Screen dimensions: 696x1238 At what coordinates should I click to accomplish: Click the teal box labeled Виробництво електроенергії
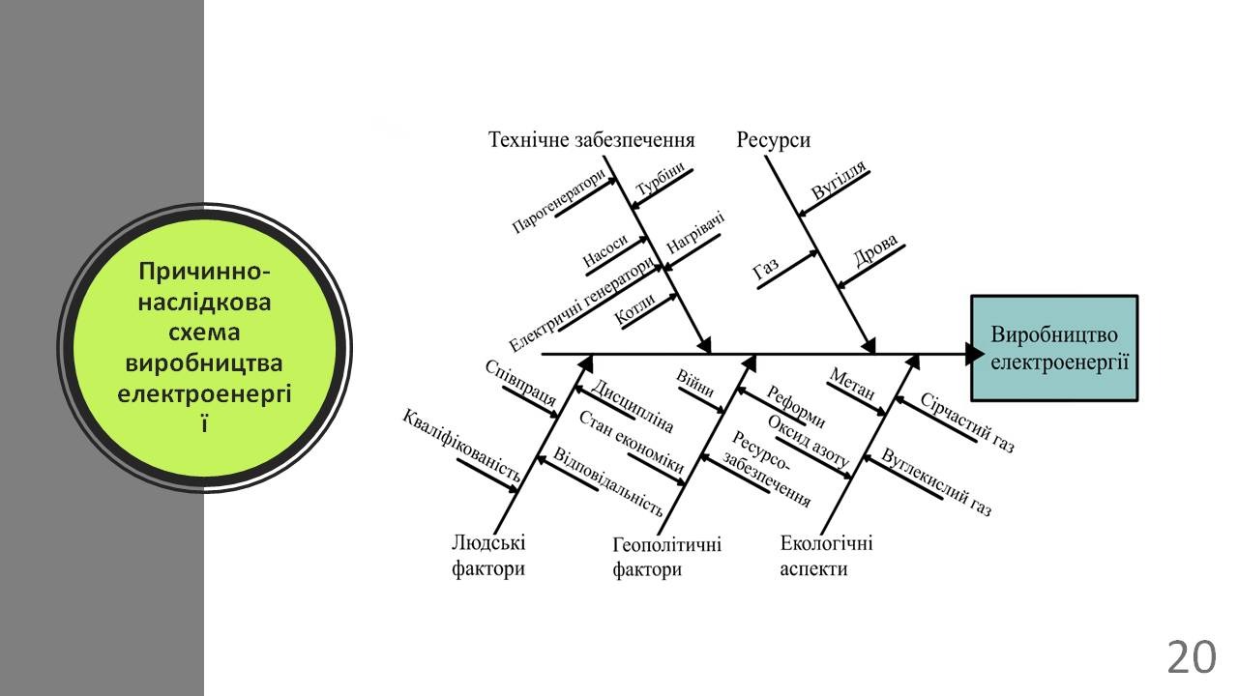[1054, 348]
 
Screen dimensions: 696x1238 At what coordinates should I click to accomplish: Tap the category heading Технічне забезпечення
[592, 140]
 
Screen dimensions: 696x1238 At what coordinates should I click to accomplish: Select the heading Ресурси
[774, 140]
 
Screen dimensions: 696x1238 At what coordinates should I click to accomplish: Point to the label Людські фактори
[488, 556]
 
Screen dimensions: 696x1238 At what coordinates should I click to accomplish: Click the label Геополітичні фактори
[666, 557]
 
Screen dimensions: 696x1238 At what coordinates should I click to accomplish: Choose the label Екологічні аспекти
[826, 556]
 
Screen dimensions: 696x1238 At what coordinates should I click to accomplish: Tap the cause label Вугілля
[839, 181]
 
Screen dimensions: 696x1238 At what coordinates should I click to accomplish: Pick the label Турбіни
[661, 179]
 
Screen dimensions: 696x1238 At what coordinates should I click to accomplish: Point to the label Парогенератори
[560, 202]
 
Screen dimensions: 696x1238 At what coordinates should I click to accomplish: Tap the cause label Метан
[852, 385]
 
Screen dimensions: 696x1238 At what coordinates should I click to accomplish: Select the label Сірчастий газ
[966, 422]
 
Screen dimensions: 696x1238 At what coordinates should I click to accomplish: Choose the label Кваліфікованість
[462, 445]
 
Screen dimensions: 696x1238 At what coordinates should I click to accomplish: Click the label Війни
[695, 384]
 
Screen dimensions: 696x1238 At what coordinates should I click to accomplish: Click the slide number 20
[1191, 658]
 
